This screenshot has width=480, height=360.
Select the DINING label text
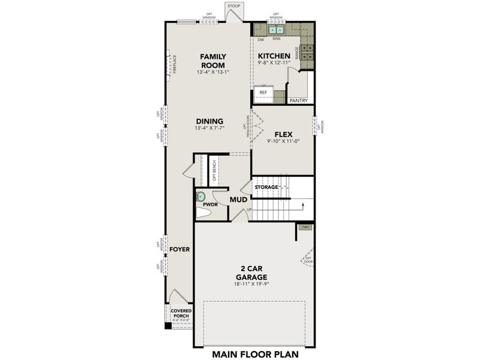209,121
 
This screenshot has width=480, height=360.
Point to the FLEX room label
283,134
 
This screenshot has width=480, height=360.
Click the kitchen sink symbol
276,29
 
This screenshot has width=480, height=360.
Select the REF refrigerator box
264,93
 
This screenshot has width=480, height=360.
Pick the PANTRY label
298,101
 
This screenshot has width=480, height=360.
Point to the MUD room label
239,199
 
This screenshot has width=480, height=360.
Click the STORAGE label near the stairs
266,187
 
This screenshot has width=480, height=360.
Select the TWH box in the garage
305,227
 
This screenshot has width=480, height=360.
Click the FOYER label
179,248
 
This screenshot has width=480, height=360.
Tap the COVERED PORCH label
181,314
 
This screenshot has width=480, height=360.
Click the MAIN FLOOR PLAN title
255,353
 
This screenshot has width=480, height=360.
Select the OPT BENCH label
214,171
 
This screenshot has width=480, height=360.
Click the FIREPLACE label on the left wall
175,65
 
